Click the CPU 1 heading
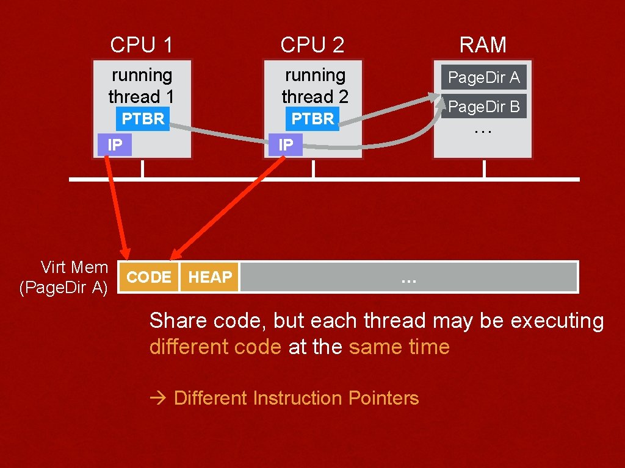[142, 44]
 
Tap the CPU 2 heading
[312, 44]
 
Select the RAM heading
[483, 44]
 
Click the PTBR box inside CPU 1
[143, 119]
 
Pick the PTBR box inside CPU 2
[312, 119]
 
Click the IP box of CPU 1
[115, 145]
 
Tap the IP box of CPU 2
[286, 145]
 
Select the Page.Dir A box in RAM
[483, 77]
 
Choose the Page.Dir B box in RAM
[483, 107]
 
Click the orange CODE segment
[149, 277]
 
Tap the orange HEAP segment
[209, 277]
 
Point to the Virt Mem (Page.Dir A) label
[64, 277]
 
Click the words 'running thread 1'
[142, 86]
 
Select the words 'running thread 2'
[314, 86]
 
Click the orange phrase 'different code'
[215, 347]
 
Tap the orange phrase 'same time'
[399, 347]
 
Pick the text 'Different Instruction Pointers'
[296, 399]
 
